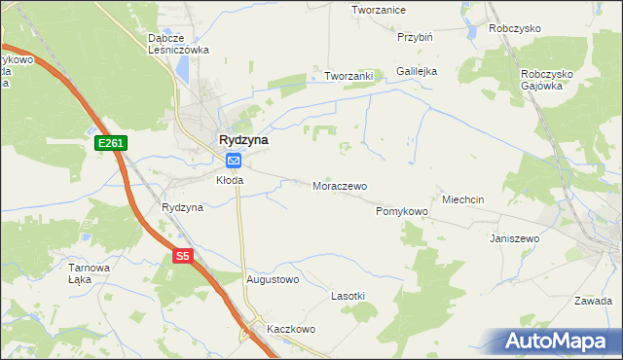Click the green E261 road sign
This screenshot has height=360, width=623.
point(111,143)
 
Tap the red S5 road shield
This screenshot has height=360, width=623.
point(184,257)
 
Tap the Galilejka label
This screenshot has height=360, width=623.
point(417,71)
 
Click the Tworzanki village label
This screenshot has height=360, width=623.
point(349,76)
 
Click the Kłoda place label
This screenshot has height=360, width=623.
point(230,180)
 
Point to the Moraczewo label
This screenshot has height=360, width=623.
point(339,185)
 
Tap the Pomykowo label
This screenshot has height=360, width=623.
point(402,211)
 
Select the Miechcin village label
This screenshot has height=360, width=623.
point(463,198)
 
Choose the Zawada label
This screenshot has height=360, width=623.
point(593,300)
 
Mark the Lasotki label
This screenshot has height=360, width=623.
point(348,295)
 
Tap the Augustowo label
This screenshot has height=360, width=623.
point(273,279)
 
